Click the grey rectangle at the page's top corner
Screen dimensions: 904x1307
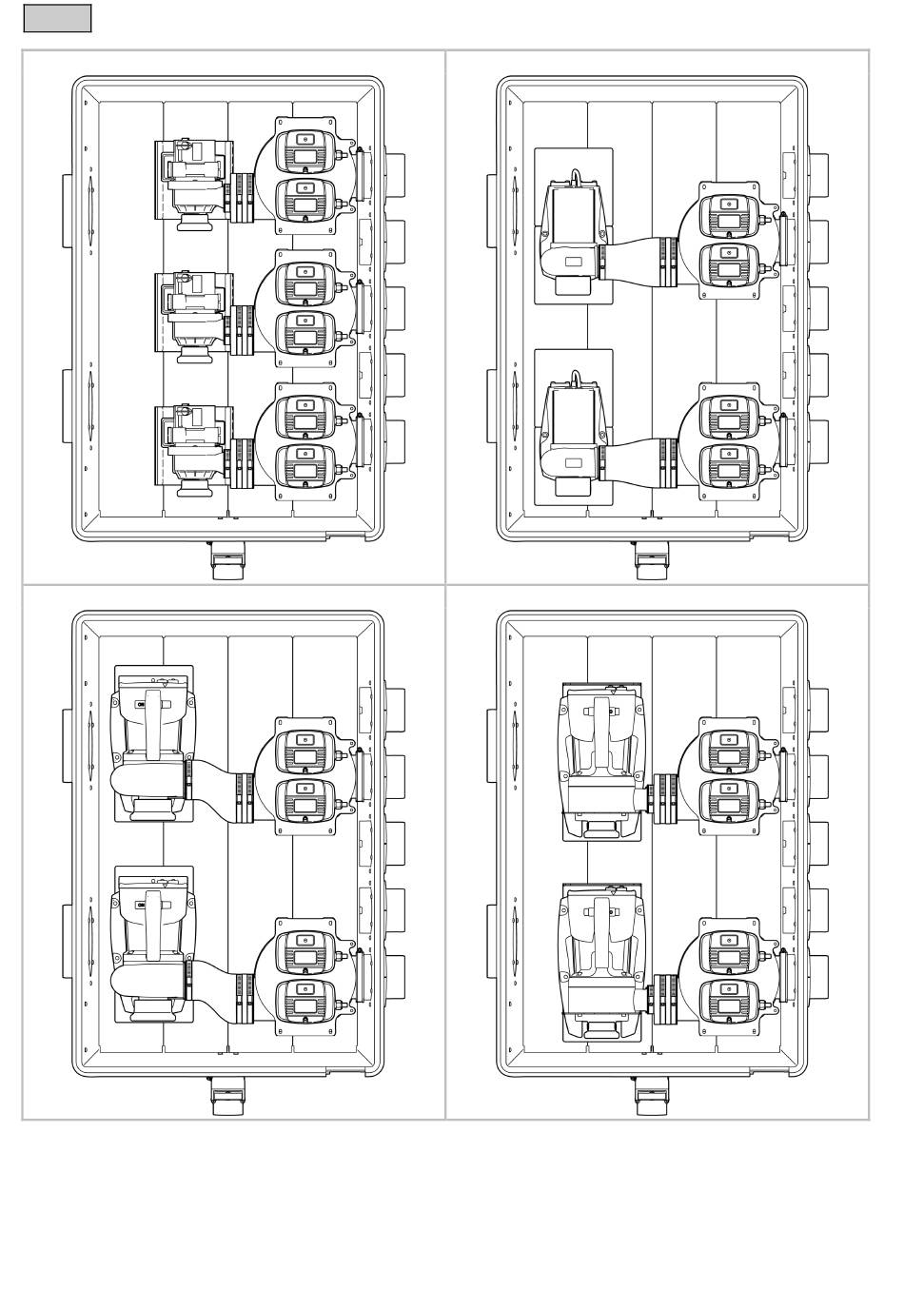pos(57,18)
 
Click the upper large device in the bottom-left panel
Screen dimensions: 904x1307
pos(153,743)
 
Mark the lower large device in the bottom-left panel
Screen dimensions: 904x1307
pos(153,943)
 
